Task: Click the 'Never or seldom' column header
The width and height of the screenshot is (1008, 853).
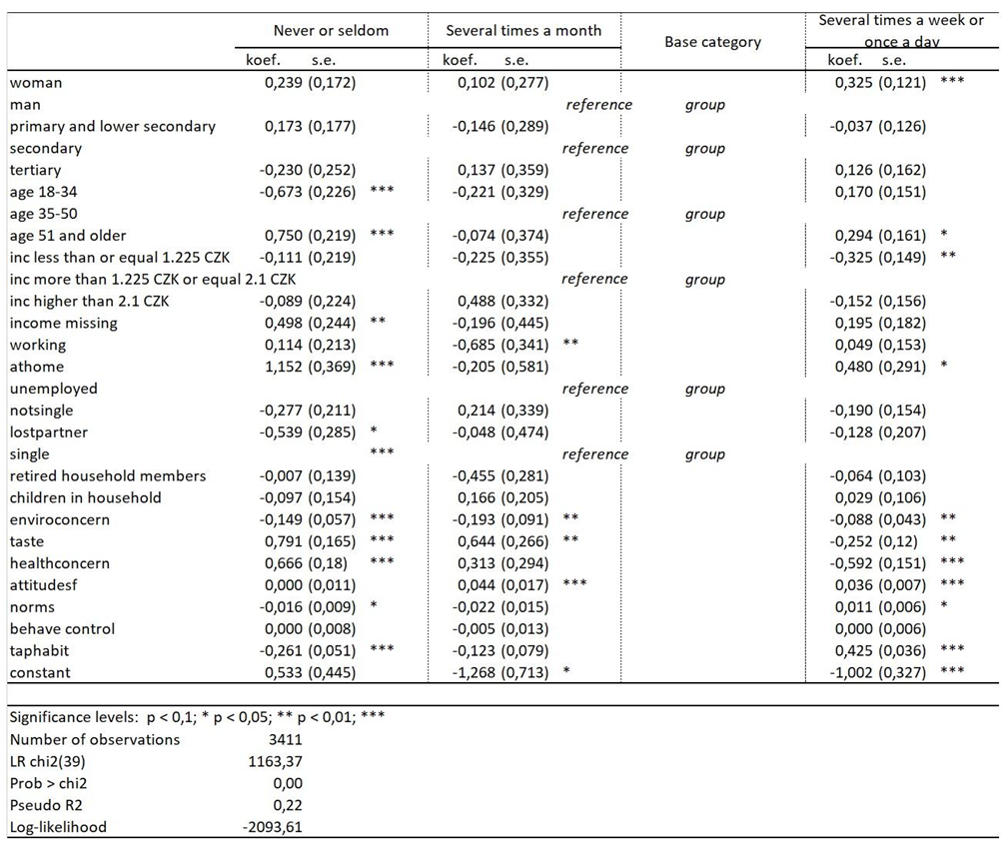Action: pyautogui.click(x=331, y=31)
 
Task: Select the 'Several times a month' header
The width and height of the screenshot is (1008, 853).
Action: pyautogui.click(x=523, y=31)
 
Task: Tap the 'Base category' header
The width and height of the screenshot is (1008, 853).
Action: pyautogui.click(x=712, y=42)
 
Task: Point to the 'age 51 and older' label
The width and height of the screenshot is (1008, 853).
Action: pyautogui.click(x=68, y=236)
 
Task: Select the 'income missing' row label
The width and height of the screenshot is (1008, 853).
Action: pyautogui.click(x=63, y=323)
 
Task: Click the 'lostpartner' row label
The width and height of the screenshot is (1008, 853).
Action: pyautogui.click(x=48, y=432)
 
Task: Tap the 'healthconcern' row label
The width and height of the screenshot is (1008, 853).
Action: pyautogui.click(x=60, y=563)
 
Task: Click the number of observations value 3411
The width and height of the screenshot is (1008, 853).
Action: pyautogui.click(x=284, y=740)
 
